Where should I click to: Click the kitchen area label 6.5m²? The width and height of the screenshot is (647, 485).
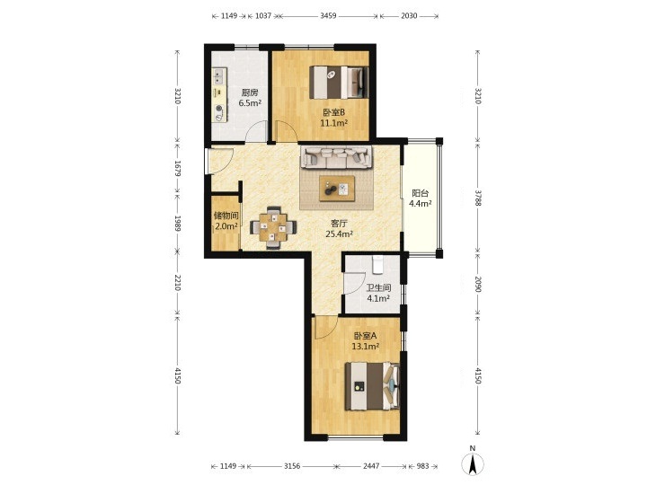click(250, 103)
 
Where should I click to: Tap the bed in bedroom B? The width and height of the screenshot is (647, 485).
click(339, 83)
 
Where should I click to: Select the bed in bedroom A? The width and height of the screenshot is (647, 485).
click(372, 386)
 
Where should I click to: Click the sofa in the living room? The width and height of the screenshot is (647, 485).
click(336, 157)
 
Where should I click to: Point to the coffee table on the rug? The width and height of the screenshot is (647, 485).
click(337, 189)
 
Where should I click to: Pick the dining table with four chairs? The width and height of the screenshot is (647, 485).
click(273, 227)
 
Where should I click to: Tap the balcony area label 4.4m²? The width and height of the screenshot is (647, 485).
click(420, 203)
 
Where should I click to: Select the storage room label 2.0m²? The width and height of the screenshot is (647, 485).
click(226, 226)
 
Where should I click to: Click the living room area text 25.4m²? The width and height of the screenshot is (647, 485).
click(339, 234)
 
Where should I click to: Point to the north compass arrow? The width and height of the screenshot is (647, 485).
click(473, 463)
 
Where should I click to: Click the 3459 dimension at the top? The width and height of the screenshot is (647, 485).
click(328, 16)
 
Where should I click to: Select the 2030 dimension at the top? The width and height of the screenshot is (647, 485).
click(409, 16)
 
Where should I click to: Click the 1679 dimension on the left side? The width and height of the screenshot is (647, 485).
click(177, 169)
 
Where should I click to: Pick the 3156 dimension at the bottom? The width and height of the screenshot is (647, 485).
click(292, 466)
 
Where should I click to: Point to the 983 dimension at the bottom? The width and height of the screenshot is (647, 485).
click(423, 466)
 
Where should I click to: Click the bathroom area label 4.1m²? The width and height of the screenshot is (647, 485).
click(378, 298)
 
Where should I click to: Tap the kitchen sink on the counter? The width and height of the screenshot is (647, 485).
click(218, 76)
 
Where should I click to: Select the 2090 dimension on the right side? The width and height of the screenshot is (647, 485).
click(478, 284)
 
